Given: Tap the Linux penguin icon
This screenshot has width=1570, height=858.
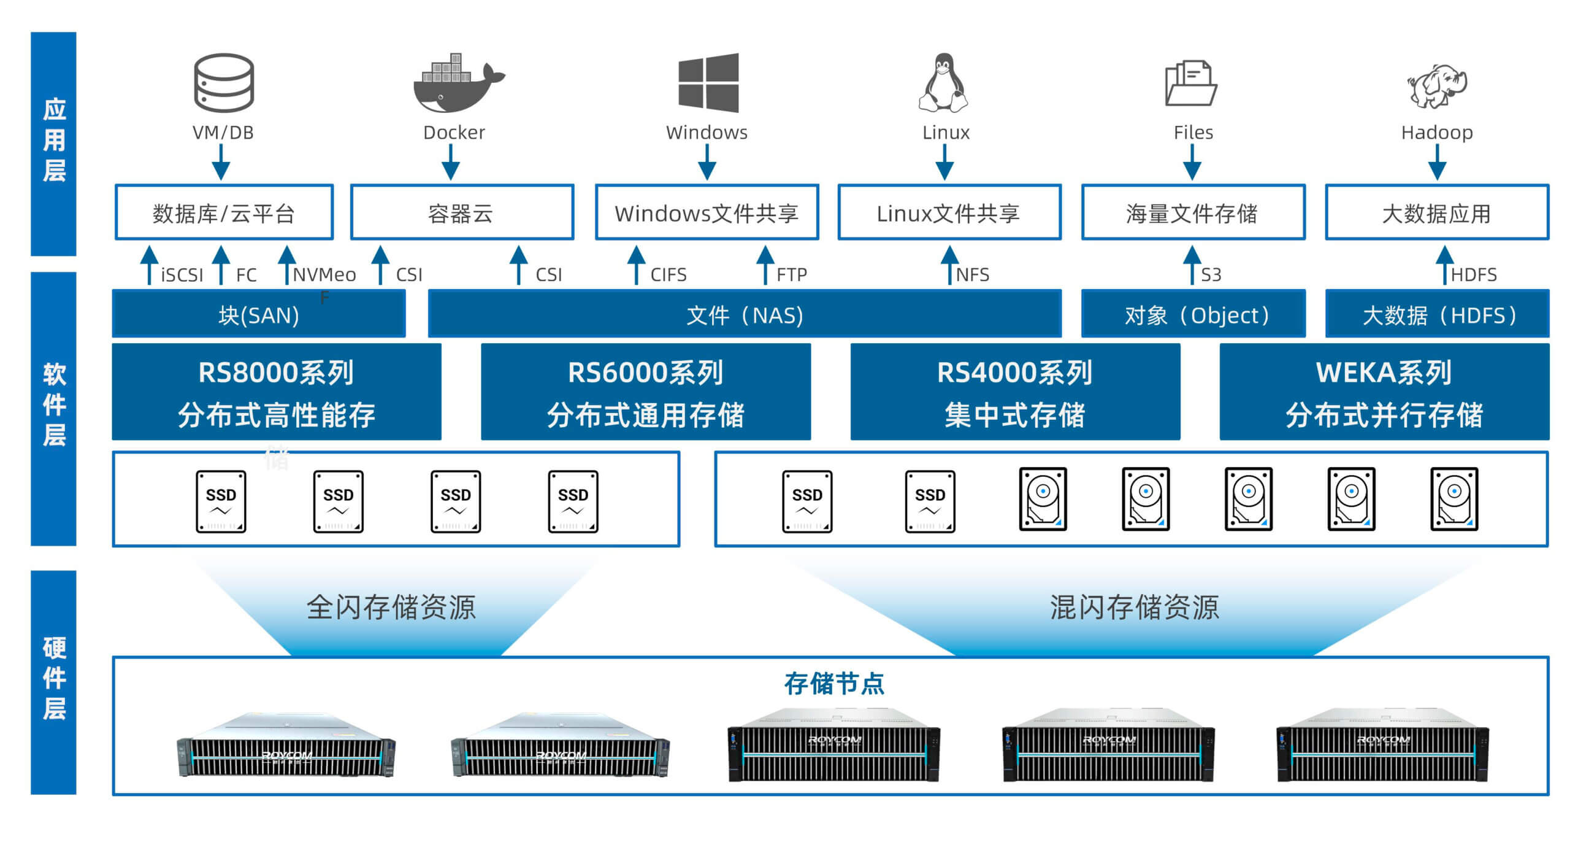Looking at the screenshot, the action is [943, 82].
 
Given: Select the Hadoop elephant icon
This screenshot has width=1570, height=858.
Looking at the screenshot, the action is [1437, 86].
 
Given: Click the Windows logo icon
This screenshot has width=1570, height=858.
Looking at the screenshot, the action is [708, 83].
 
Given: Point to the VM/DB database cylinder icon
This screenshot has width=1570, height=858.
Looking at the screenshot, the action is [224, 83].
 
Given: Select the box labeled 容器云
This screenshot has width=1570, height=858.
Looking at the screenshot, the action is [462, 212].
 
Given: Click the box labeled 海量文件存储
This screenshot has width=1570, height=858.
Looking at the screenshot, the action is [1193, 212].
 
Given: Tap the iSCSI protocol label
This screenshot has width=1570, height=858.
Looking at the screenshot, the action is [182, 275].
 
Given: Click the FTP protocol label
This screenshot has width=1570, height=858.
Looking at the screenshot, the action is [792, 275].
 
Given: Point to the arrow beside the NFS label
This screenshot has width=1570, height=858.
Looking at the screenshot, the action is [949, 265].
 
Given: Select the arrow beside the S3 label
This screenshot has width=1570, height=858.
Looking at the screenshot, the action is [1192, 265].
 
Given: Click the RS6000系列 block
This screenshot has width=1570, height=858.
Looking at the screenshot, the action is [646, 392].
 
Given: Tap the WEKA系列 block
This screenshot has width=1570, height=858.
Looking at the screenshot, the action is [1384, 392].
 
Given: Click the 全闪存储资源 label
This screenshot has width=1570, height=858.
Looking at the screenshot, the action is [391, 607].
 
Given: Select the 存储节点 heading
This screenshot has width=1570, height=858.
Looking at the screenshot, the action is [834, 683].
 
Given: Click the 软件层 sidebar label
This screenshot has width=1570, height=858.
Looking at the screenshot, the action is [54, 405].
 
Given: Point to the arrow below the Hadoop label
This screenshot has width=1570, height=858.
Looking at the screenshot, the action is [1437, 163].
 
